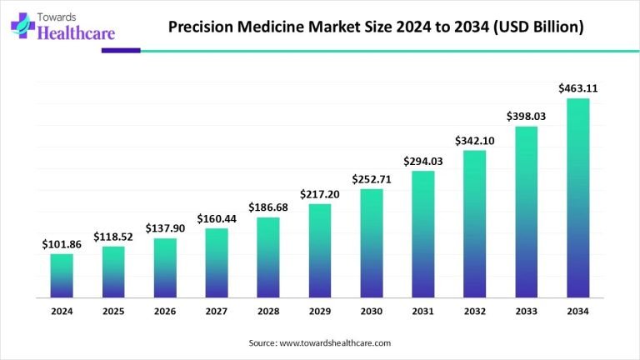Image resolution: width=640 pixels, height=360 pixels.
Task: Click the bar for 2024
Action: pos(62,275)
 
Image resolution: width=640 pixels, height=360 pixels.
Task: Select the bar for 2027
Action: pos(217,262)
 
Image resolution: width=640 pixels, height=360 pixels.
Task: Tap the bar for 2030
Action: pos(372,242)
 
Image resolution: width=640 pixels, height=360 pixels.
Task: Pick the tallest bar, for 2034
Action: pos(578,197)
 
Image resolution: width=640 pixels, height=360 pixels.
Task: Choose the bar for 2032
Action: pos(475,223)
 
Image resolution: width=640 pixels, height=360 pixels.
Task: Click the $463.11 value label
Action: pos(578,87)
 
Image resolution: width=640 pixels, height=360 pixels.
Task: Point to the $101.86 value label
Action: pos(62,244)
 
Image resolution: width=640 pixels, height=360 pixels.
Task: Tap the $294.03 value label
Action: pos(423,161)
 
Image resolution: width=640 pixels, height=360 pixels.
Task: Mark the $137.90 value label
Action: pos(165,227)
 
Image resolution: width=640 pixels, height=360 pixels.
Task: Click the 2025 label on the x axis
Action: pos(113,312)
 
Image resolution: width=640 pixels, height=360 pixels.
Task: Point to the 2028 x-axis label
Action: pos(268,312)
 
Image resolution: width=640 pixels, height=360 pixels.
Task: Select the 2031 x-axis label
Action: pos(423,312)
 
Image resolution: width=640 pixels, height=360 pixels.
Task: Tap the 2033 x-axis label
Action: pos(527,312)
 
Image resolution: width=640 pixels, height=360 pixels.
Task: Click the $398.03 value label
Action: pos(527,116)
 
